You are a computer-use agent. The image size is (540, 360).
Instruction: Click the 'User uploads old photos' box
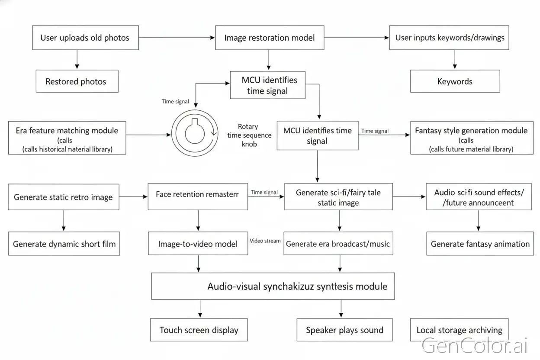coord(85,38)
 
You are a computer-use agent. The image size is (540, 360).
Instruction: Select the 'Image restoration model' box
coord(270,38)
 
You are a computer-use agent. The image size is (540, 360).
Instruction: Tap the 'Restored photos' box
coord(77,81)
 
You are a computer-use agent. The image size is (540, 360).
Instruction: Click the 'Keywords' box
coord(455,81)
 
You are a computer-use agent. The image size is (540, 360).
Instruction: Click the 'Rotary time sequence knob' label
coord(249,135)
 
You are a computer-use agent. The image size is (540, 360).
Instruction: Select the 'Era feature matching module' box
coord(67,138)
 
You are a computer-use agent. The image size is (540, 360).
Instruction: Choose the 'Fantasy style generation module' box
coord(472,138)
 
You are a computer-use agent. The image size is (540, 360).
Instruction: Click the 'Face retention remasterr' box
coord(198,196)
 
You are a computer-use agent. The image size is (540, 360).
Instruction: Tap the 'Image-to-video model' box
coord(198,244)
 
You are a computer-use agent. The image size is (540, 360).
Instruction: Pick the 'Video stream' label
coord(265,241)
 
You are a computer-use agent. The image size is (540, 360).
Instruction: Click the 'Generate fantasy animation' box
coord(480,244)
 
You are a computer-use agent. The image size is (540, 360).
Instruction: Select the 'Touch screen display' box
coord(199,330)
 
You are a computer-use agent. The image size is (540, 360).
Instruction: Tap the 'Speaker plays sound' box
coord(344,330)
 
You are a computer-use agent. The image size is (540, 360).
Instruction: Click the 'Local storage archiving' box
coord(459,330)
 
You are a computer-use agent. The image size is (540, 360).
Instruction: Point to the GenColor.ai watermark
coord(474,345)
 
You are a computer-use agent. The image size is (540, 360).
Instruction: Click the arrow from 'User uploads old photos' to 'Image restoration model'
coord(177,38)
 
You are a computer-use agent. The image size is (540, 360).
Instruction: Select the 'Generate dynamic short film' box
coord(64,244)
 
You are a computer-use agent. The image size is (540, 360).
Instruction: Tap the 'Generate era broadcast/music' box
coord(338,244)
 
